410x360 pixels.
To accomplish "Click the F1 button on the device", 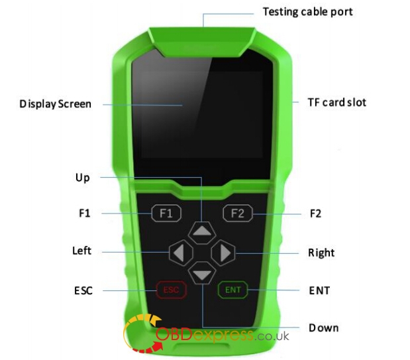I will click(166, 213).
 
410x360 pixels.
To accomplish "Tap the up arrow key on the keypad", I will click(202, 231).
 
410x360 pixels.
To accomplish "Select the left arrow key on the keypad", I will click(180, 252).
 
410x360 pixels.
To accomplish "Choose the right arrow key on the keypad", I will click(224, 252).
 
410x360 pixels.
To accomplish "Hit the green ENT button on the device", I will click(233, 290).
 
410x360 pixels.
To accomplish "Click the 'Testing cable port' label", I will click(307, 12).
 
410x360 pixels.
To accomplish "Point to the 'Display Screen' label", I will click(55, 103).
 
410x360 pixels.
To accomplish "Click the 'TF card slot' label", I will click(336, 102).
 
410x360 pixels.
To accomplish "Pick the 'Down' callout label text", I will click(323, 328).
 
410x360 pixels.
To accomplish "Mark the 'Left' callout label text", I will click(81, 251).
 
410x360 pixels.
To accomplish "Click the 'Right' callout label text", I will click(321, 253).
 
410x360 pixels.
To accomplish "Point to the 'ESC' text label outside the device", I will click(83, 290).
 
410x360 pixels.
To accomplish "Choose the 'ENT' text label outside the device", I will click(319, 290).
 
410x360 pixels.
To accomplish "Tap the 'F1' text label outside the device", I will click(84, 213).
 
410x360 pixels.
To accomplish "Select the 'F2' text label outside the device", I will click(315, 214).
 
